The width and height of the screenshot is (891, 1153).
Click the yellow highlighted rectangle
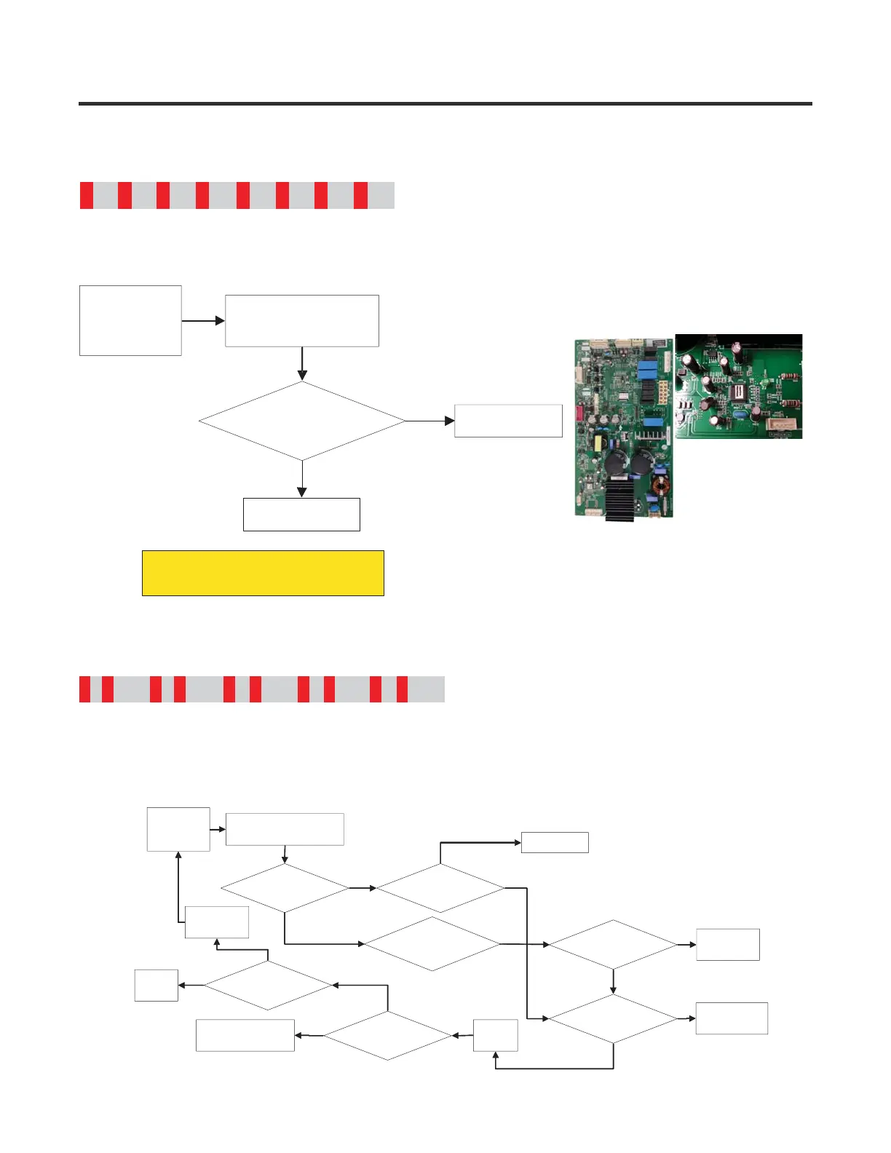click(263, 573)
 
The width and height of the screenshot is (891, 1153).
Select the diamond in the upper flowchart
click(302, 421)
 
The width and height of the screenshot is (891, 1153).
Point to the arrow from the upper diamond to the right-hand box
click(429, 421)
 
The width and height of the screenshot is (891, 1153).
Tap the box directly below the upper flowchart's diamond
click(301, 514)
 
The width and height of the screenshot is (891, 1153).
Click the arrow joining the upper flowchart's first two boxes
click(203, 320)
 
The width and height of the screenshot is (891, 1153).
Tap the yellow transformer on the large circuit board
click(601, 443)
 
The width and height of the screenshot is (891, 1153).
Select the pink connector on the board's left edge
click(579, 413)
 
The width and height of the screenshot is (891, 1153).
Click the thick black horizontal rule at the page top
click(445, 104)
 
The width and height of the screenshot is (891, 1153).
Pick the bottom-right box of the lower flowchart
click(732, 1018)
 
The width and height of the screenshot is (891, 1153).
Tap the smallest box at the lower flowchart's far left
click(157, 985)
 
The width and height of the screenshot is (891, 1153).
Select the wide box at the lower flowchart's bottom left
click(245, 1035)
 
